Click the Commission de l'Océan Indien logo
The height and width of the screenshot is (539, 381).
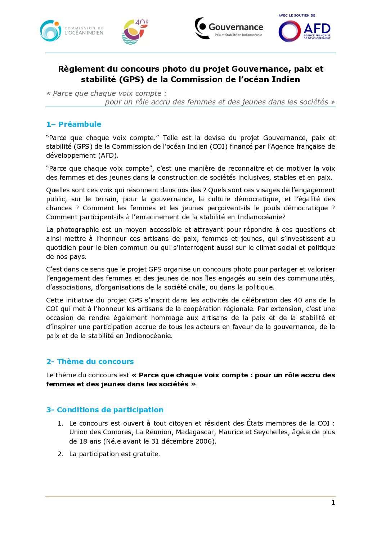pyautogui.click(x=72, y=31)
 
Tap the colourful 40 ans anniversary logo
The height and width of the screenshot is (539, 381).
pyautogui.click(x=135, y=32)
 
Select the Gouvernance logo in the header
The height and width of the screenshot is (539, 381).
pyautogui.click(x=229, y=28)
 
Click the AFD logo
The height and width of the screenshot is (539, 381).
pyautogui.click(x=305, y=31)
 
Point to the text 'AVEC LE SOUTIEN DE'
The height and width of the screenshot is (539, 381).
pyautogui.click(x=297, y=15)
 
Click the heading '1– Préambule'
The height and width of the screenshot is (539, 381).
pyautogui.click(x=74, y=124)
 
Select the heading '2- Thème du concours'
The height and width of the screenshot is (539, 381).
pyautogui.click(x=90, y=361)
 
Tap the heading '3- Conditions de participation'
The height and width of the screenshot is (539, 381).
pyautogui.click(x=105, y=410)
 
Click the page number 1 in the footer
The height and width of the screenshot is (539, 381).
pyautogui.click(x=333, y=503)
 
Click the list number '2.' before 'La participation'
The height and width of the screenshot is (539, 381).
pyautogui.click(x=60, y=454)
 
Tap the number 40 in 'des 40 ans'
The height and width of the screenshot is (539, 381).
pyautogui.click(x=298, y=300)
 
